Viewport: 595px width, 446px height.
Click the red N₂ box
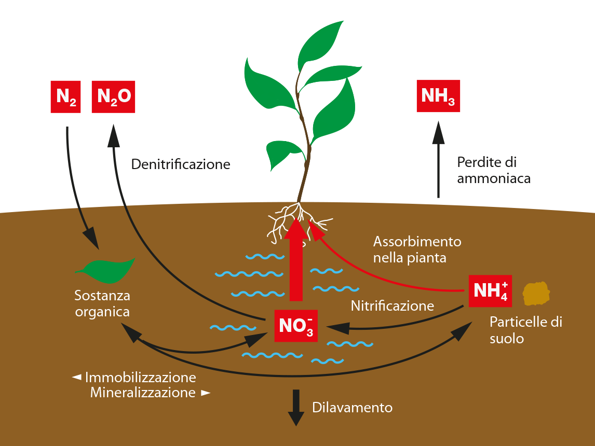(x=65, y=96)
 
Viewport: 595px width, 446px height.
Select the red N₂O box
(x=114, y=96)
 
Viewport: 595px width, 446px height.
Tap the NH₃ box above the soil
(x=438, y=96)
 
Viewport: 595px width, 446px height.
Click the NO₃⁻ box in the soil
(x=296, y=326)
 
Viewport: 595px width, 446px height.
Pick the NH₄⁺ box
(x=490, y=291)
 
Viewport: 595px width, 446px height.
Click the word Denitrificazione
(x=181, y=164)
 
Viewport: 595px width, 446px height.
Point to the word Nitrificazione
(x=393, y=306)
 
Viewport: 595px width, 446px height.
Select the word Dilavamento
(x=352, y=408)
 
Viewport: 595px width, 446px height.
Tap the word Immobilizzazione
(x=140, y=378)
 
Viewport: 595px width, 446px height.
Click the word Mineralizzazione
(x=143, y=393)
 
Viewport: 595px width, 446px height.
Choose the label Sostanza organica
(x=102, y=303)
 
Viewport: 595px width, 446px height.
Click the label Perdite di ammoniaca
(x=494, y=170)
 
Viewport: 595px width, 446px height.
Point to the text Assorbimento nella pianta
(x=417, y=250)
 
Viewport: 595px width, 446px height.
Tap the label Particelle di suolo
(x=526, y=330)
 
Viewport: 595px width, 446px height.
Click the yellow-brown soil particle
(x=536, y=294)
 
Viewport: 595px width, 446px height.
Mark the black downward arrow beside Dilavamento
(x=296, y=408)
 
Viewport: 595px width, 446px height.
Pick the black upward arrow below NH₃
(x=438, y=160)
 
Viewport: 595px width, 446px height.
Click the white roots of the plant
(x=299, y=221)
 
